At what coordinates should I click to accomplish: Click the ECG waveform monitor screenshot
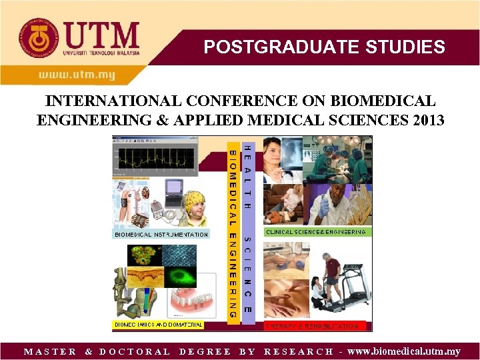(x=155, y=159)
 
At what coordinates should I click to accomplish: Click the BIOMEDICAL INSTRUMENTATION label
(x=161, y=235)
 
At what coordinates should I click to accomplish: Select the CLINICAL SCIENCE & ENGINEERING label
(x=316, y=232)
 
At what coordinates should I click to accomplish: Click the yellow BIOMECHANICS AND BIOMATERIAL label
(x=158, y=325)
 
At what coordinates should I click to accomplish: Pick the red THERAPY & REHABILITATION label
(x=311, y=326)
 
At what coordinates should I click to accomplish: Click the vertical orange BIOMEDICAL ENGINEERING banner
(x=233, y=229)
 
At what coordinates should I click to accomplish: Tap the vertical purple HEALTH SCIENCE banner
(x=247, y=229)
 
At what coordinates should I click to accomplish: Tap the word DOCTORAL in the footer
(x=135, y=351)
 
